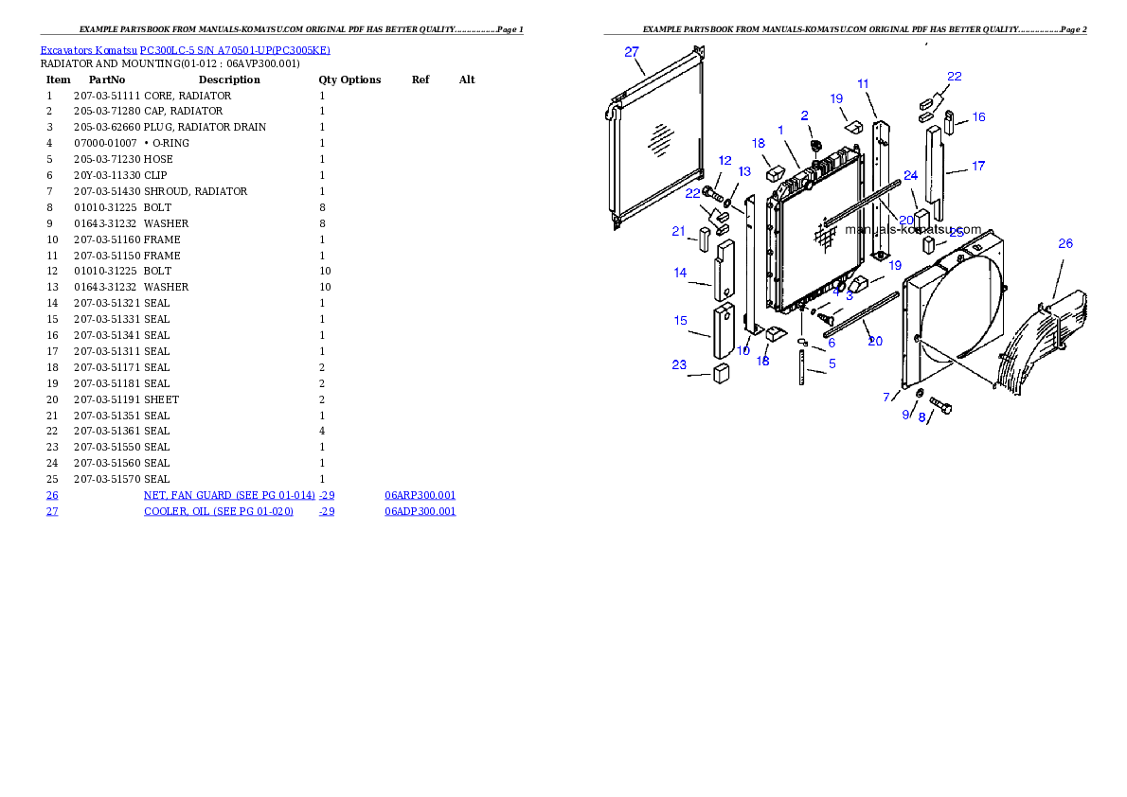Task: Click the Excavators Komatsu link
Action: point(88,50)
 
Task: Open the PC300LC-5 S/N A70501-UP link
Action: point(235,50)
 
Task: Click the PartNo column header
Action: point(107,80)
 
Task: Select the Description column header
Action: point(229,80)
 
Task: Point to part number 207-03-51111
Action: point(107,96)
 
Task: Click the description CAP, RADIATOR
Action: point(184,111)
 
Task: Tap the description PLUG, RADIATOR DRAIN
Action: point(205,127)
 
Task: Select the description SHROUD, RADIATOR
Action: point(195,191)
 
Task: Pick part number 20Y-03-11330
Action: point(107,175)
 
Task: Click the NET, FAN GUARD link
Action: point(229,495)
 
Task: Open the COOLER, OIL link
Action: point(219,511)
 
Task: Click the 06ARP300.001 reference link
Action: point(420,495)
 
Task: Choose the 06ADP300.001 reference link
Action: point(420,511)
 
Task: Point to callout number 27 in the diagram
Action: point(632,52)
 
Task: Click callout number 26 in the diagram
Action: point(1065,243)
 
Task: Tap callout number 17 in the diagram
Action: point(978,166)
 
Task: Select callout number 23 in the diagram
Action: point(679,365)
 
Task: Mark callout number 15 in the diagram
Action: point(681,321)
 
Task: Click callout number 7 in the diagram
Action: point(886,397)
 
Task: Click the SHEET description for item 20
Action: point(161,399)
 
